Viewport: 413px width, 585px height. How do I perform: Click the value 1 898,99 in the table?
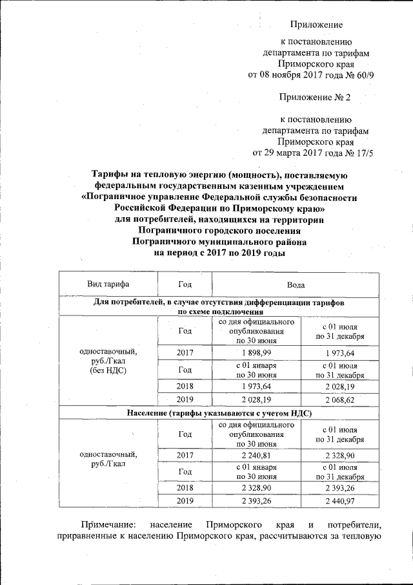click(257, 352)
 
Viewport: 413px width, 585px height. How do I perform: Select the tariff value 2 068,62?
click(339, 399)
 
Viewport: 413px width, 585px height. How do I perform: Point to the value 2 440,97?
click(339, 502)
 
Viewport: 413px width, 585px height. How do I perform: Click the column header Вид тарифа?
click(108, 284)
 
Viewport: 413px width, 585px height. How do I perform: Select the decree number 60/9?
click(369, 74)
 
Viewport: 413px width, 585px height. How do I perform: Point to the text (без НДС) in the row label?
click(108, 370)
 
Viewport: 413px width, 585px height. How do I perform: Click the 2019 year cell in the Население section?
click(185, 502)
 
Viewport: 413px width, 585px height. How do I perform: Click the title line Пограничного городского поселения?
click(219, 231)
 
